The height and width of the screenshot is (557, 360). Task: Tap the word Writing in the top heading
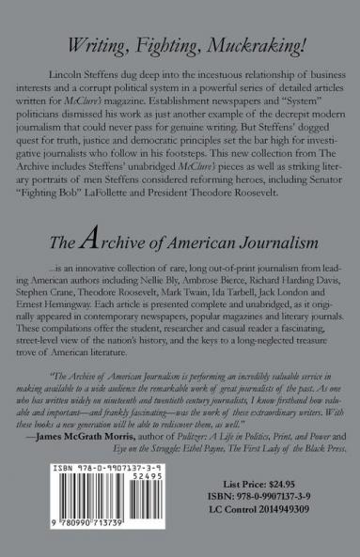pyautogui.click(x=102, y=39)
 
